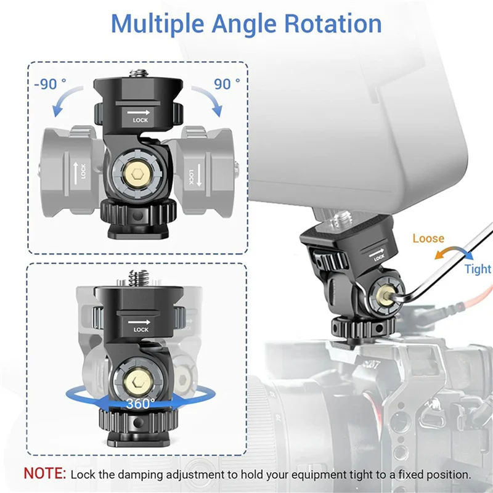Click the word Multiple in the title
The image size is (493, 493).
pos(158,23)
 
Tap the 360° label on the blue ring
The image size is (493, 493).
pos(141,404)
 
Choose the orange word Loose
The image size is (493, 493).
pos(428,238)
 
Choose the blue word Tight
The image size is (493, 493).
pos(478,269)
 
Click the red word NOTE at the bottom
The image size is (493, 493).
pos(44,475)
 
